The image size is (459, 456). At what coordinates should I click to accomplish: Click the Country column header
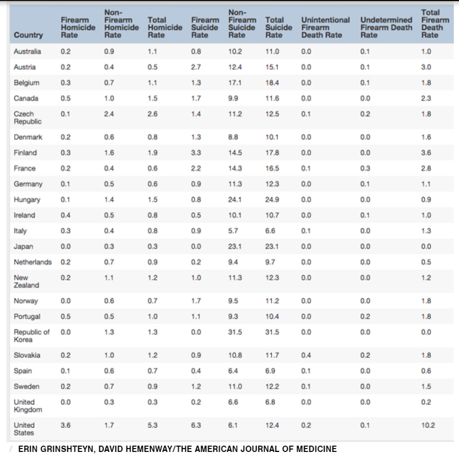pyautogui.click(x=28, y=35)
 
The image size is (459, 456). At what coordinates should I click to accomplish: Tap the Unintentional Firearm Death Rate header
pyautogui.click(x=325, y=27)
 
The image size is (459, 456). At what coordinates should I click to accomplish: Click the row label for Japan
pyautogui.click(x=24, y=247)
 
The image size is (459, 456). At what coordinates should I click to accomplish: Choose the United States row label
pyautogui.click(x=24, y=429)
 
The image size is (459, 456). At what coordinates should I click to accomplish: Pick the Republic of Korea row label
pyautogui.click(x=31, y=336)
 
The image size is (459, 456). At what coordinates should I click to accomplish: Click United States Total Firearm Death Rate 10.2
pyautogui.click(x=428, y=425)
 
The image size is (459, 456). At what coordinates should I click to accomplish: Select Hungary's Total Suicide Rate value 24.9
pyautogui.click(x=273, y=200)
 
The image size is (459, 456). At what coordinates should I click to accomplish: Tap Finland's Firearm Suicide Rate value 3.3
pyautogui.click(x=196, y=153)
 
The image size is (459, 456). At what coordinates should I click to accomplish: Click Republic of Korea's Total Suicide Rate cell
pyautogui.click(x=273, y=332)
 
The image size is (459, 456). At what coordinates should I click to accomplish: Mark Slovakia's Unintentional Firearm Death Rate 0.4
pyautogui.click(x=306, y=355)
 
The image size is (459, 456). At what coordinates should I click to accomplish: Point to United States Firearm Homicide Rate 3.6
pyautogui.click(x=65, y=425)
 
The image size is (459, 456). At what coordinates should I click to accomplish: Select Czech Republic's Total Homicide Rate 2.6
pyautogui.click(x=152, y=114)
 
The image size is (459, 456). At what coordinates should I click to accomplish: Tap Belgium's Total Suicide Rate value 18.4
pyautogui.click(x=273, y=83)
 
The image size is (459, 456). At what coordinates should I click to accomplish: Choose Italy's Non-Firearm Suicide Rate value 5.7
pyautogui.click(x=234, y=231)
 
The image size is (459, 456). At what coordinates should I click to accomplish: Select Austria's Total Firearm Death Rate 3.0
pyautogui.click(x=426, y=67)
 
